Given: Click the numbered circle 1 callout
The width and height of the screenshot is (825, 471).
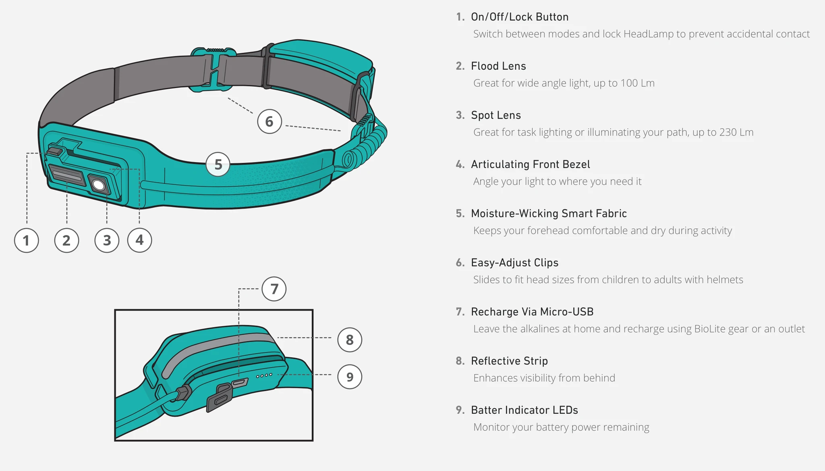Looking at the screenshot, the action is (27, 240).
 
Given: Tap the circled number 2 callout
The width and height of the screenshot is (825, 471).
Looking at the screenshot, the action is (66, 240).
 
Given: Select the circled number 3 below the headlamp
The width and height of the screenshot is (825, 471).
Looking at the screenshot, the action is (107, 240).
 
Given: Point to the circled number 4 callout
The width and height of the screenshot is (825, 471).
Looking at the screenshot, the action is (139, 240).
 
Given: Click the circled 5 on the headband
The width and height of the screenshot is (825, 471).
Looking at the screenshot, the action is (218, 164).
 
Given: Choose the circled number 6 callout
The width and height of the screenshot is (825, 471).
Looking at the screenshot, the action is (269, 121).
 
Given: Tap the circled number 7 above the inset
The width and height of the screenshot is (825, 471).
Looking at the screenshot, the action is (274, 289).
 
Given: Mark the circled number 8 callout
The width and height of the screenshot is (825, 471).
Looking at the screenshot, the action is (350, 340).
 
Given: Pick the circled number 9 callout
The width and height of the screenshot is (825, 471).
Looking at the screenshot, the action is (350, 377).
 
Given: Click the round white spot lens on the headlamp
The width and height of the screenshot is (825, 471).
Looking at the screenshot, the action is (98, 185).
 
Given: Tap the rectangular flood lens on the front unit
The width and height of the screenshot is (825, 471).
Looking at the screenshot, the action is (67, 175).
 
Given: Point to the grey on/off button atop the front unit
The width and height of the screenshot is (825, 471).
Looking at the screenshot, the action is (54, 151).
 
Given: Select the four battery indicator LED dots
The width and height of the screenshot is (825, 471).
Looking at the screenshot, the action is (264, 375).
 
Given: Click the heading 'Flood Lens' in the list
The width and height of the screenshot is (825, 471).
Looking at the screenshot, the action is (498, 66).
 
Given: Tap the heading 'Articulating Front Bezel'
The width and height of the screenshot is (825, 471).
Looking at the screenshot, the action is (530, 164).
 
